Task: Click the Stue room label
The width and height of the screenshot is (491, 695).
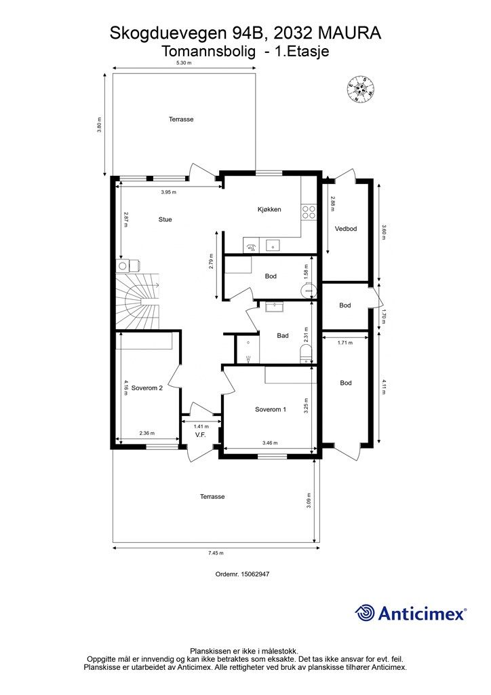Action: [x=165, y=219]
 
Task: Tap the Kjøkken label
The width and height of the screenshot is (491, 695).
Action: [x=269, y=209]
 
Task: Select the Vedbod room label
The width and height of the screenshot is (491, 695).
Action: [x=346, y=229]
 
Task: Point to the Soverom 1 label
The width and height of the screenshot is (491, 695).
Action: [x=271, y=409]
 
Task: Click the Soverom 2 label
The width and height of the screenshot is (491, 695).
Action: [x=147, y=388]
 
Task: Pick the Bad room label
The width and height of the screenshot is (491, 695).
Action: [x=283, y=335]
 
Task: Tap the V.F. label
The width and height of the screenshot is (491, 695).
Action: [x=201, y=435]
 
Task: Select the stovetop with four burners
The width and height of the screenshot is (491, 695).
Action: [x=309, y=212]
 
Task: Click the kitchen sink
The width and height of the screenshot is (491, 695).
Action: [x=272, y=244]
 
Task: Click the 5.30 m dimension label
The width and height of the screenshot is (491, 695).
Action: [x=184, y=63]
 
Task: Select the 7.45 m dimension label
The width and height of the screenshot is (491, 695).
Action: [x=216, y=553]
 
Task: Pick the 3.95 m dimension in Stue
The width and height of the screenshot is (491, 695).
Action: [x=168, y=192]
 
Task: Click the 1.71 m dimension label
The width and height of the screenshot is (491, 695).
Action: [x=345, y=343]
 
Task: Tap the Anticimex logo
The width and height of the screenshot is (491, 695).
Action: [x=410, y=613]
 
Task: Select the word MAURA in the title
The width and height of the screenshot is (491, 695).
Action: [x=349, y=33]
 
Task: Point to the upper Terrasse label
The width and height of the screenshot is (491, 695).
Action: [x=181, y=119]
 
